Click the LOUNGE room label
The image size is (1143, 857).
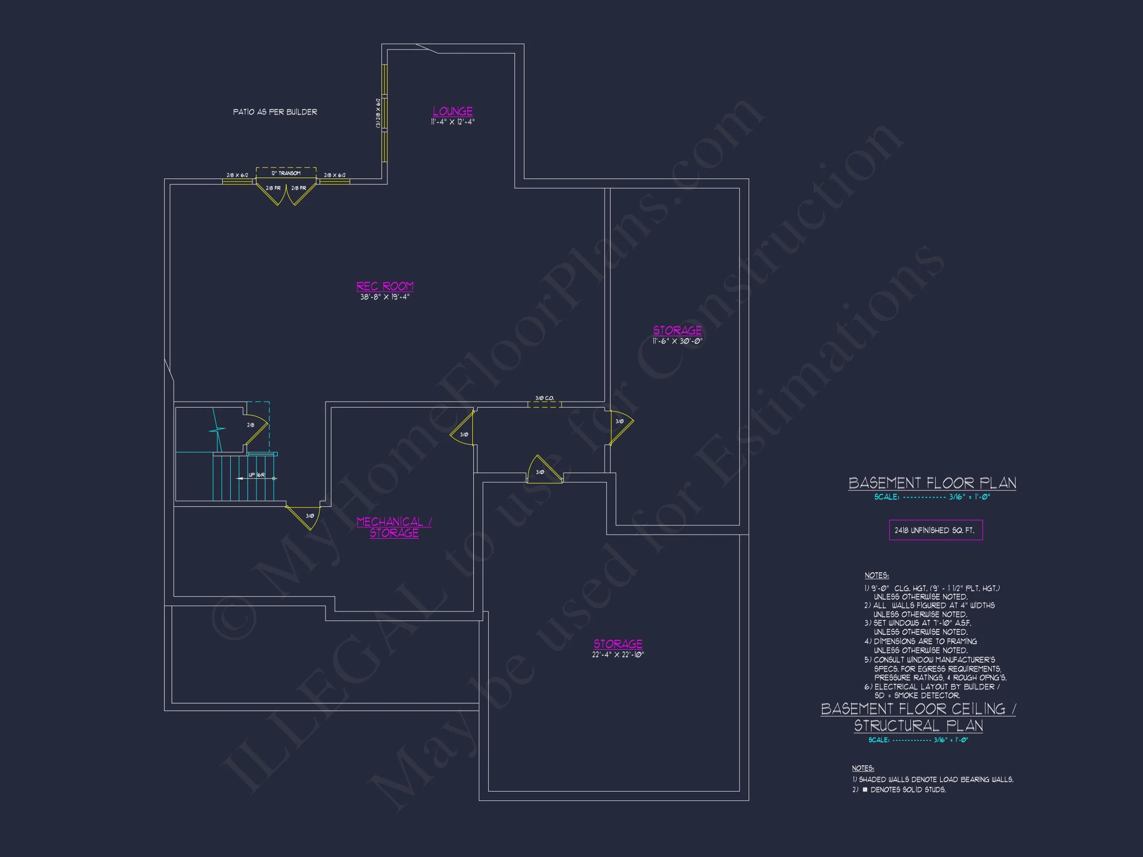click(452, 111)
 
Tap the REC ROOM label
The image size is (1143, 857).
click(385, 286)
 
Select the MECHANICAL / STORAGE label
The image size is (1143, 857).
click(394, 527)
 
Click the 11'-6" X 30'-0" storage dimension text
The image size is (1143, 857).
click(677, 341)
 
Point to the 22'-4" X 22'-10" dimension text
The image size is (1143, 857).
click(618, 655)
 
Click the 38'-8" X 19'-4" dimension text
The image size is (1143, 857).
click(385, 297)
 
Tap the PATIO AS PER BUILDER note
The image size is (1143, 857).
click(275, 112)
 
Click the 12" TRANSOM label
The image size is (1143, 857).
click(286, 174)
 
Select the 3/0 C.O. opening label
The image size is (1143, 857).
click(545, 398)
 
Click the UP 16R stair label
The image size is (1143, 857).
click(257, 475)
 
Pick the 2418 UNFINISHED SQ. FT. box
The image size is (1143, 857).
click(935, 531)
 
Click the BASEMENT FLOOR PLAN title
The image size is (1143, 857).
click(932, 484)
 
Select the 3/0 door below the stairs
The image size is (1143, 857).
click(306, 516)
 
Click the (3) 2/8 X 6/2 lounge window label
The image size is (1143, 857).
click(378, 113)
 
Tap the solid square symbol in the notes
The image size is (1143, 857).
click(866, 790)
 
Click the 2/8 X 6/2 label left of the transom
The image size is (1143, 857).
click(237, 176)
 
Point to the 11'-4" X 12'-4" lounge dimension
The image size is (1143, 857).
click(452, 122)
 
